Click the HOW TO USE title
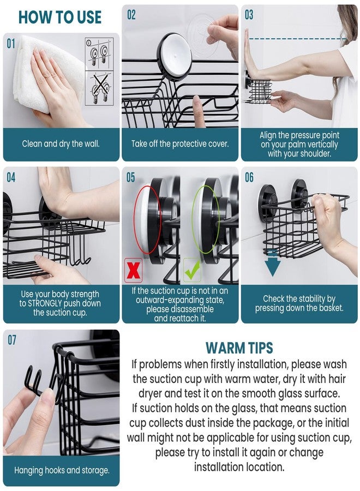click(x=60, y=17)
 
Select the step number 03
click(x=249, y=15)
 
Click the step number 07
click(x=11, y=340)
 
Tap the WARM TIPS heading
click(x=239, y=348)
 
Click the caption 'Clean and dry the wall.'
click(x=61, y=144)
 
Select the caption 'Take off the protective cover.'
click(x=180, y=144)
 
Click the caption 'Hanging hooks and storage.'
click(x=61, y=470)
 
